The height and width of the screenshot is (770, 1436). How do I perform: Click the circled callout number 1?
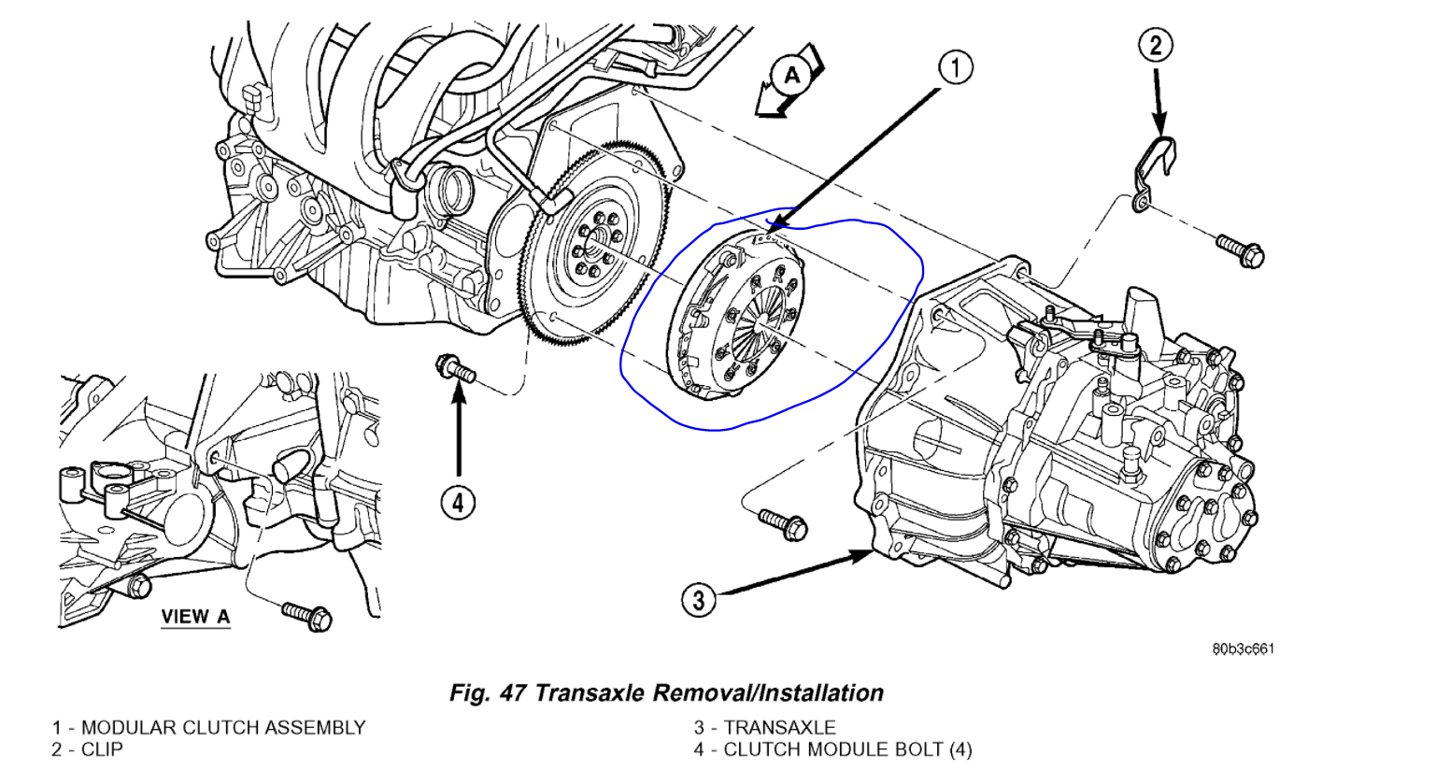point(955,67)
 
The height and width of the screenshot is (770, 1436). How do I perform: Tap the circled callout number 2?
point(1156,45)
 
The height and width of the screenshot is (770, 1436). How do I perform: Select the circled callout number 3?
point(700,598)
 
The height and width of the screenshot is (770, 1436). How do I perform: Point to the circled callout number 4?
point(458,503)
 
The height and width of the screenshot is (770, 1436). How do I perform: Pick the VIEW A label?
point(195,617)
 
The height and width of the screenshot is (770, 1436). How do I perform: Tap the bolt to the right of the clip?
point(1241,250)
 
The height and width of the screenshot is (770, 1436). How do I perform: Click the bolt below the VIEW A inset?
point(307,615)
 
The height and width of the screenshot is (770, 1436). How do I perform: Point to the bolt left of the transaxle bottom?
point(783,523)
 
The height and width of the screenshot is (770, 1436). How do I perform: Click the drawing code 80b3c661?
point(1243,649)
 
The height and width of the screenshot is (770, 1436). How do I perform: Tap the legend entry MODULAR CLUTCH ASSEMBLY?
point(222,727)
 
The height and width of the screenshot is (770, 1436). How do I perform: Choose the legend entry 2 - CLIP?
point(87,749)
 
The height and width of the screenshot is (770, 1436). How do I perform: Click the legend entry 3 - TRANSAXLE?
point(764,727)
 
